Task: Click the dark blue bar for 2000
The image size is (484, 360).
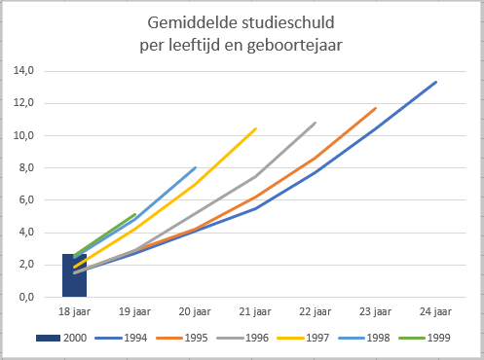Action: click(75, 275)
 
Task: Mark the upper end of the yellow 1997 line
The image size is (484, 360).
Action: click(256, 127)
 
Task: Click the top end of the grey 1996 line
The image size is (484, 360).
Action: click(316, 123)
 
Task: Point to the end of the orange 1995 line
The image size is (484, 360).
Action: click(376, 108)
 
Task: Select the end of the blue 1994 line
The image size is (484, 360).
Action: click(436, 82)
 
